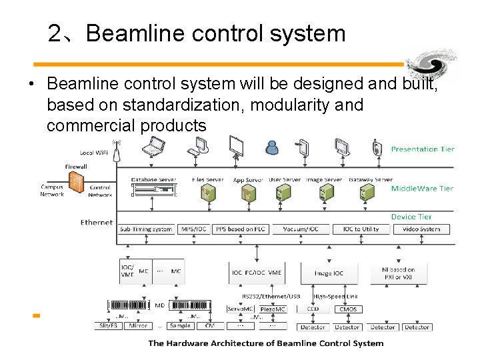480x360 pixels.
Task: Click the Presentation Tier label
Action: [422, 149]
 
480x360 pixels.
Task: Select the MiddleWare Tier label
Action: [422, 189]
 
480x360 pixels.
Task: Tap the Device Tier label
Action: [411, 217]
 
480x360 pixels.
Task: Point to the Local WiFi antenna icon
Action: [116, 151]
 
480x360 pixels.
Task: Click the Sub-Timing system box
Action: [146, 229]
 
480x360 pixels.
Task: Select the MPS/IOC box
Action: [194, 229]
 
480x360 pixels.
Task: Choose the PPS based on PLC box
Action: [240, 229]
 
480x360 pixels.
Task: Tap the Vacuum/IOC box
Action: [301, 229]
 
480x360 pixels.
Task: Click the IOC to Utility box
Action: [361, 229]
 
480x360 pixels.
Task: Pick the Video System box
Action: [421, 229]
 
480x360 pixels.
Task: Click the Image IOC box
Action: [329, 273]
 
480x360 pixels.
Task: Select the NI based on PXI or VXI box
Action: [398, 273]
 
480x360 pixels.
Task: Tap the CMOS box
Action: [348, 309]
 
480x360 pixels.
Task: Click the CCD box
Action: [313, 309]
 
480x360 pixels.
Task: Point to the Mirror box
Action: [138, 326]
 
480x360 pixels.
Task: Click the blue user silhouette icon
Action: [272, 146]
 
